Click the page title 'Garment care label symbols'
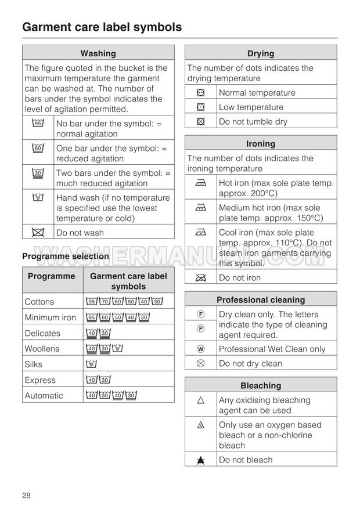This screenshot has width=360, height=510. pyautogui.click(x=102, y=27)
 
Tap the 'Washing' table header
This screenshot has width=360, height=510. pyautogui.click(x=98, y=53)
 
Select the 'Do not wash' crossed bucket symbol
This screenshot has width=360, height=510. pyautogui.click(x=38, y=232)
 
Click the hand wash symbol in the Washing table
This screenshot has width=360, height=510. pyautogui.click(x=38, y=197)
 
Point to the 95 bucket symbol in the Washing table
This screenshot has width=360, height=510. pyautogui.click(x=38, y=123)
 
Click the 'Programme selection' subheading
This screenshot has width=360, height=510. pyautogui.click(x=66, y=256)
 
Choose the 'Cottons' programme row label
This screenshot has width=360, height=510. pyautogui.click(x=39, y=302)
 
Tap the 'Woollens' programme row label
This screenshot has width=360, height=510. pyautogui.click(x=42, y=349)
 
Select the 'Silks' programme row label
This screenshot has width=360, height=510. pyautogui.click(x=34, y=364)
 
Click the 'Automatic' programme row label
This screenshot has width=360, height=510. pyautogui.click(x=44, y=396)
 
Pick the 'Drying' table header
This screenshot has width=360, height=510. pyautogui.click(x=261, y=53)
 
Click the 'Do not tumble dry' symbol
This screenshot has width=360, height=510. pyautogui.click(x=201, y=122)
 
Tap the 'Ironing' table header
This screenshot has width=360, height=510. pyautogui.click(x=261, y=144)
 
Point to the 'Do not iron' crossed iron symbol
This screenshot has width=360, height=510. pyautogui.click(x=201, y=277)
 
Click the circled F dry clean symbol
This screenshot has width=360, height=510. pyautogui.click(x=201, y=314)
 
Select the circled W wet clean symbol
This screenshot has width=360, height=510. pyautogui.click(x=201, y=349)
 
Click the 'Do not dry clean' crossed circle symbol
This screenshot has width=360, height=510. pyautogui.click(x=201, y=363)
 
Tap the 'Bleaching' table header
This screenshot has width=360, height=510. pyautogui.click(x=261, y=385)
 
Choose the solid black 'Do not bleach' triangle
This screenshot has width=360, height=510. pyautogui.click(x=201, y=460)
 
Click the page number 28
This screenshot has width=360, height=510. pyautogui.click(x=27, y=495)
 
